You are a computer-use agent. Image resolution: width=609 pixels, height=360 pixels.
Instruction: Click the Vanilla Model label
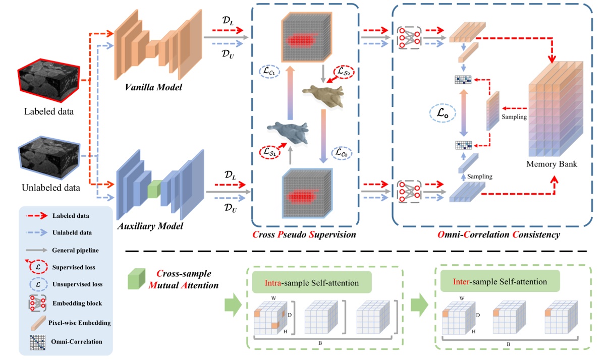(153, 87)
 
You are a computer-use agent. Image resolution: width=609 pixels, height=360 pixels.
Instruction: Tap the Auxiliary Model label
(150, 226)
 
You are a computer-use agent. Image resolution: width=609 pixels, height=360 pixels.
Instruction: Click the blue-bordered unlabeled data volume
(49, 157)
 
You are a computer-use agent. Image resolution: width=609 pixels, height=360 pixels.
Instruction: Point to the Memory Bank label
(551, 164)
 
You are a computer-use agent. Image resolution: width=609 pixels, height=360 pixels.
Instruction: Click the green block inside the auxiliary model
(154, 189)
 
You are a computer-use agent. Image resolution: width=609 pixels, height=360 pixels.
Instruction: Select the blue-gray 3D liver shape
(288, 132)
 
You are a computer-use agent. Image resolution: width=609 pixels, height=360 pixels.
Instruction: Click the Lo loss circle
(442, 113)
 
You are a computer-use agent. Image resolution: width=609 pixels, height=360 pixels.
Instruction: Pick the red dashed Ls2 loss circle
(344, 72)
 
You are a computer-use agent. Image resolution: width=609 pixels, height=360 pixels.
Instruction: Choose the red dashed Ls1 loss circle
(270, 152)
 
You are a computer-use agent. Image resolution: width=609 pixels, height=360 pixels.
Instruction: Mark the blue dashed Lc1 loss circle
(269, 72)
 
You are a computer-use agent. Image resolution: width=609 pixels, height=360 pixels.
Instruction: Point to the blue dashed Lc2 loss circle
(342, 153)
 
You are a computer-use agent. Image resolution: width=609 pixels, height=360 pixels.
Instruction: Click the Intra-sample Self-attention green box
(312, 282)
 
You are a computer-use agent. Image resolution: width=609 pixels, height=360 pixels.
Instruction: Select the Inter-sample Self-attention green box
(500, 281)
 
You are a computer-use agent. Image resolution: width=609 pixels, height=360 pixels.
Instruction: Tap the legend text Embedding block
(77, 303)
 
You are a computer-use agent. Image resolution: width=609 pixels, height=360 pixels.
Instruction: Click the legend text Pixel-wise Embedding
(80, 323)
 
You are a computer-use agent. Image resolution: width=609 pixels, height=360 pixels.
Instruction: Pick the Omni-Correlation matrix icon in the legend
(37, 342)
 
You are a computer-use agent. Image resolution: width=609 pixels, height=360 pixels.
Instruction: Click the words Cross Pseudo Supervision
(304, 234)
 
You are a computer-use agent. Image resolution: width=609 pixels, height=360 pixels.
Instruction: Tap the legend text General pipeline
(75, 250)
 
